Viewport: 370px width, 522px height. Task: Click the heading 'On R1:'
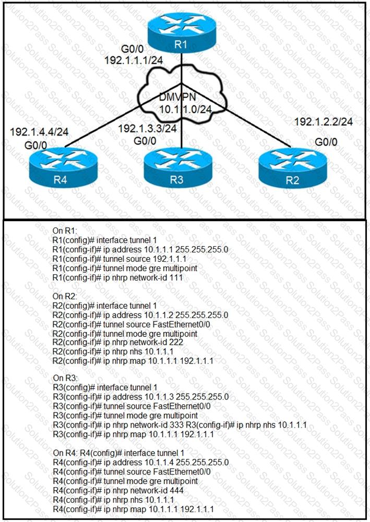[66, 230]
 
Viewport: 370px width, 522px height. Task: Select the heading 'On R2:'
[66, 295]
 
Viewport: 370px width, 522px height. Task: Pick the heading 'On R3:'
[66, 376]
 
